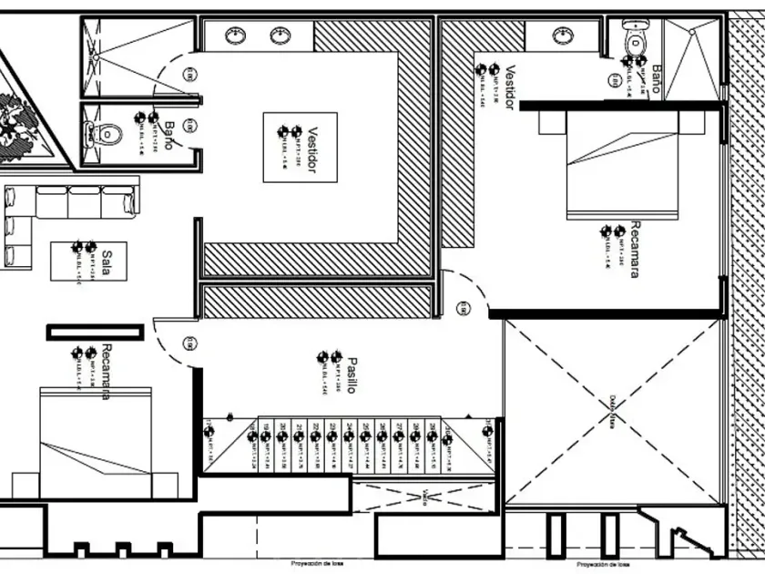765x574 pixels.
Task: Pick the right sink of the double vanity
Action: coord(280,36)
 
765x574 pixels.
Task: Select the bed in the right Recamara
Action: coord(623,164)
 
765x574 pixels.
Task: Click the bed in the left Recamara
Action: coord(95,442)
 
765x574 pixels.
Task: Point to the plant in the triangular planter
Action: coord(18,118)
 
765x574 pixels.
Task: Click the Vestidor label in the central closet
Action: coord(311,149)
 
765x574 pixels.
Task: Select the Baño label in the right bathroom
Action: coord(655,78)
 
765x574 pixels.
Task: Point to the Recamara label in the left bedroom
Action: coord(107,371)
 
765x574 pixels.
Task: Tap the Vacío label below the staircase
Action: coord(426,497)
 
